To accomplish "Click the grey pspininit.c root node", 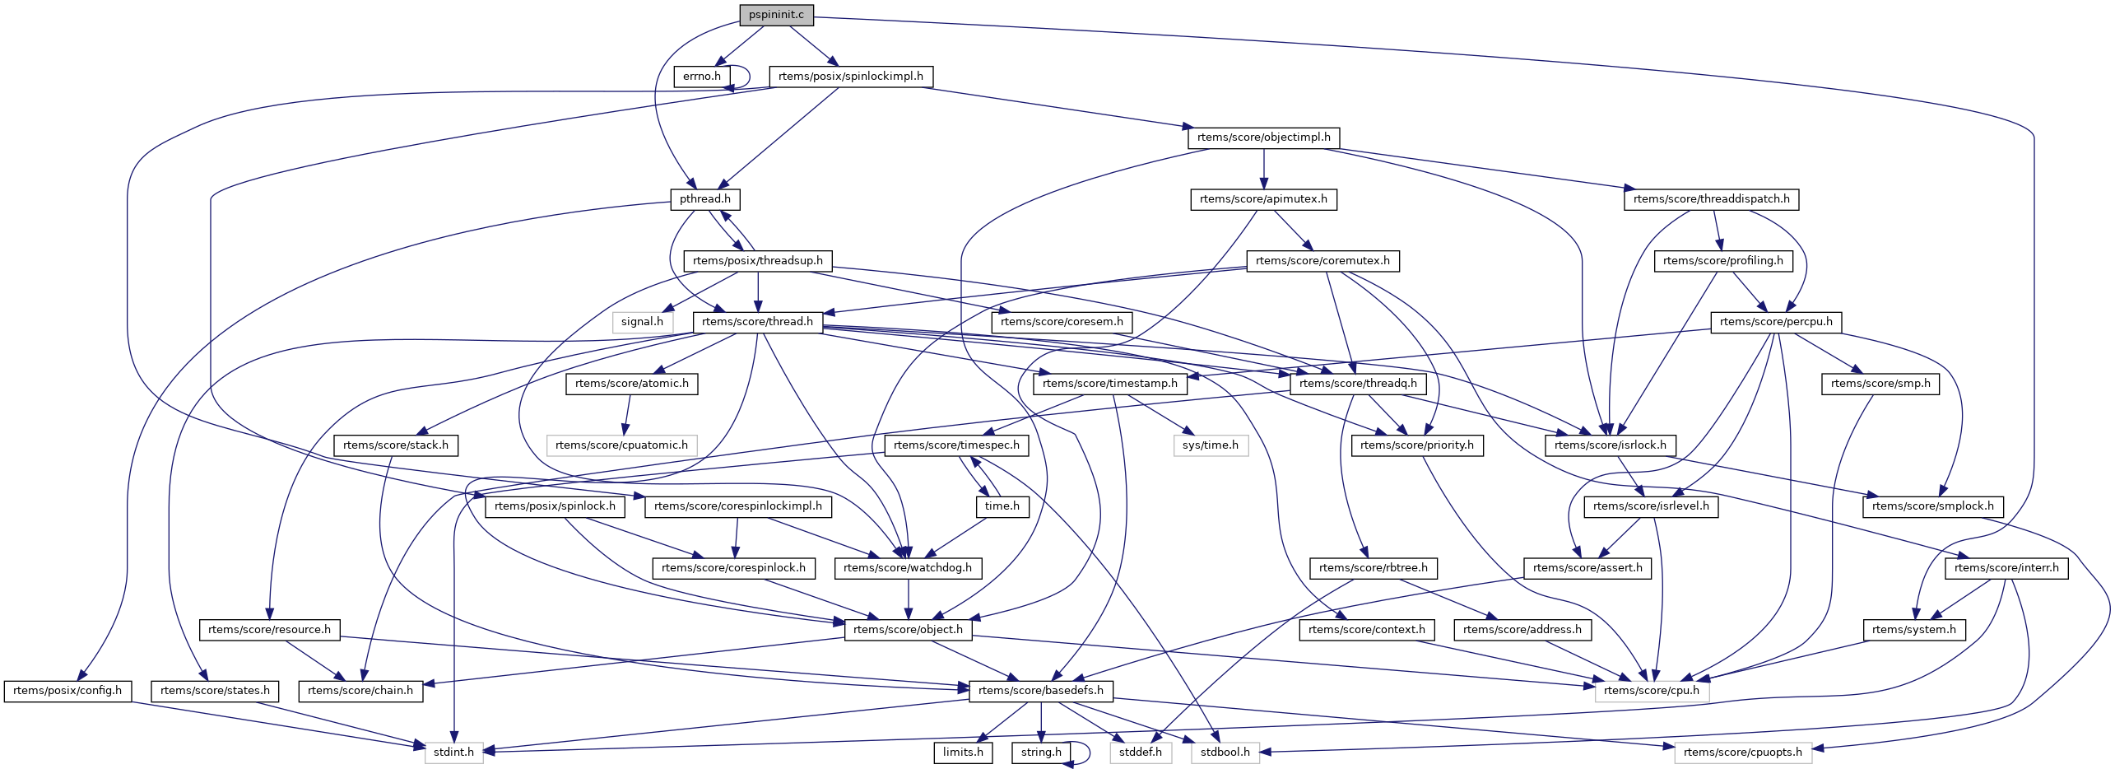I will [x=776, y=15].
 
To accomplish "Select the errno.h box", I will [x=701, y=77].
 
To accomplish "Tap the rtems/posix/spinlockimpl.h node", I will [x=850, y=77].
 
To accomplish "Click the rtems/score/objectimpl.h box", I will [x=1263, y=137].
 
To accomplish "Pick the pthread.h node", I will [x=704, y=199].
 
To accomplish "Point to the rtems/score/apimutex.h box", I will [x=1263, y=199].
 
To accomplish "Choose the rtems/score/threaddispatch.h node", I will [x=1711, y=199].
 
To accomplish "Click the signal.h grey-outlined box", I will [x=642, y=322].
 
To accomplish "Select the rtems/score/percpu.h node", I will [x=1776, y=322].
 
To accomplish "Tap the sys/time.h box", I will [x=1210, y=445].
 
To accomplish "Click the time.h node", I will [x=1002, y=506].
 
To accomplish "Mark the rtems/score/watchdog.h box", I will [x=907, y=568].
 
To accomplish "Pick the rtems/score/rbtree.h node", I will [x=1373, y=568].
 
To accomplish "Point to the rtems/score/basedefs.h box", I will [x=1040, y=691].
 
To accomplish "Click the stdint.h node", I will [x=453, y=753].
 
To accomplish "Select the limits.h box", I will [x=962, y=753].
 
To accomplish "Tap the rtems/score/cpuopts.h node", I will [x=1742, y=753].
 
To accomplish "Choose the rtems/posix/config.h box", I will [x=67, y=691].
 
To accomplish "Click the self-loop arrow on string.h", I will [x=1088, y=752].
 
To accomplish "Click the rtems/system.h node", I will [x=1913, y=630].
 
